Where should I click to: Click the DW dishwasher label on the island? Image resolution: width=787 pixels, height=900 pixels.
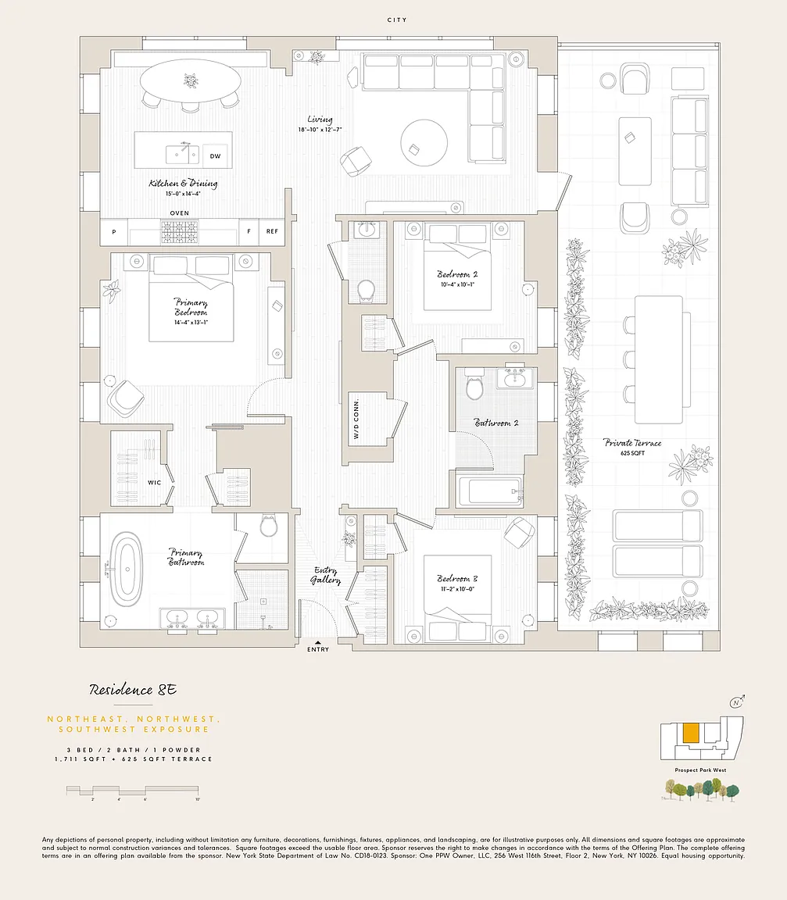point(215,156)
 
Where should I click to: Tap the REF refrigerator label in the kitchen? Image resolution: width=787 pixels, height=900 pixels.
point(272,231)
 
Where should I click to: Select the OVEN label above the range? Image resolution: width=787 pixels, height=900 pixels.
point(180,212)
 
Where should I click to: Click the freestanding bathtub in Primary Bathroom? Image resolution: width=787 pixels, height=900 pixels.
point(127,570)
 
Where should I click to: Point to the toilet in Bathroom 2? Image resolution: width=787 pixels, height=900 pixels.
point(474,386)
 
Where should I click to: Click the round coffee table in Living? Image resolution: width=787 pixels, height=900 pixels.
point(424,143)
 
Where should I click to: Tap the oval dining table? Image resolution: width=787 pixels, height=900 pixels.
point(191,80)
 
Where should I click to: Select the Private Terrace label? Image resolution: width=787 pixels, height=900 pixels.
point(632,443)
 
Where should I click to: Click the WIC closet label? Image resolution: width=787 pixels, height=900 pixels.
point(155,483)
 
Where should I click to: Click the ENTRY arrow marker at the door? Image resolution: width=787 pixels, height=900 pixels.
point(318,641)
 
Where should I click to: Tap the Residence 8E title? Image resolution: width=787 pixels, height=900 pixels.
point(133,690)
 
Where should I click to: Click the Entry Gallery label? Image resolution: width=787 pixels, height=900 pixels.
point(327,575)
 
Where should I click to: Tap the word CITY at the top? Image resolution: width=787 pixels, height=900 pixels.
point(397,20)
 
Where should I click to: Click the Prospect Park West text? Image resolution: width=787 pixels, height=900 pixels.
point(700,770)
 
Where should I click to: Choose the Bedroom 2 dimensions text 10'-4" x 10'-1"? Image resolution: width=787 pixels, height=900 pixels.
point(457,284)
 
